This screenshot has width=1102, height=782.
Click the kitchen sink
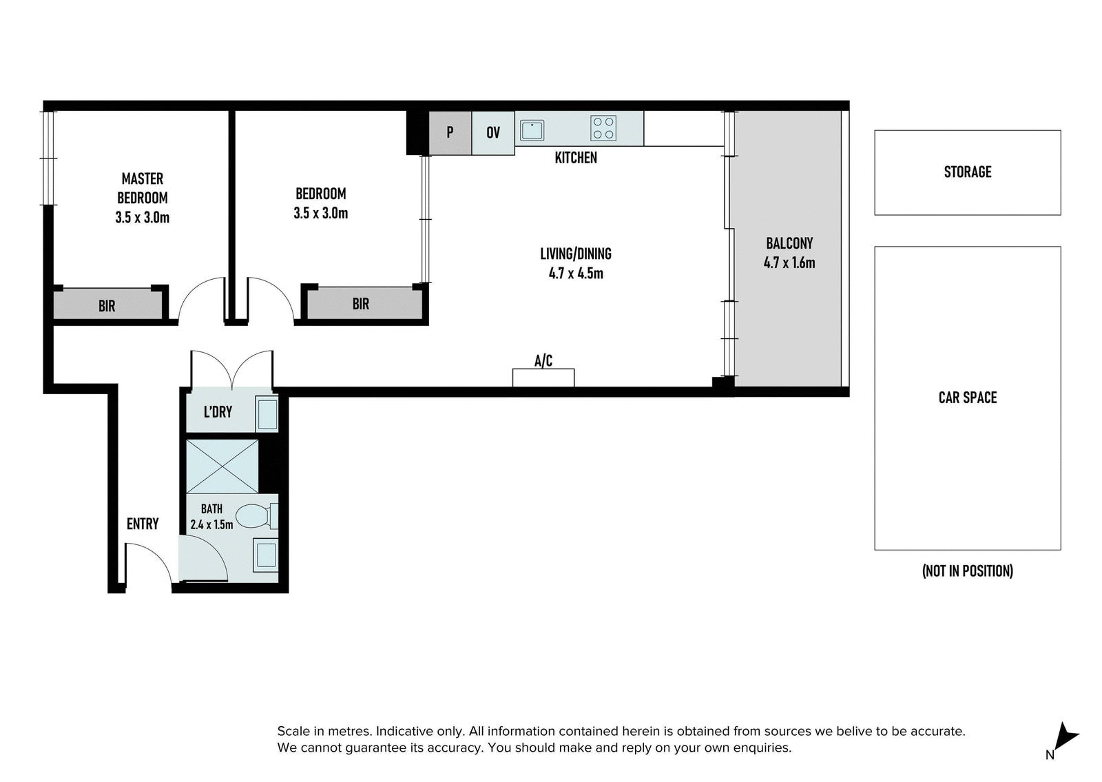click(x=532, y=130)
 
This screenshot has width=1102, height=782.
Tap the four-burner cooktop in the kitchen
click(x=603, y=128)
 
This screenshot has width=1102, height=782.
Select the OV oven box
click(x=493, y=133)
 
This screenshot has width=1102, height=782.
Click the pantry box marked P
click(x=450, y=133)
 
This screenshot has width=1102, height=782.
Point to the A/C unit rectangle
click(x=543, y=378)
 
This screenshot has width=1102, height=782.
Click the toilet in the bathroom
click(x=257, y=516)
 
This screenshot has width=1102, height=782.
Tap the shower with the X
click(x=222, y=466)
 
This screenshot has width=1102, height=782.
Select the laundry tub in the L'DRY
click(x=267, y=414)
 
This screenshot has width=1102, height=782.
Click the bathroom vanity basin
click(x=266, y=555)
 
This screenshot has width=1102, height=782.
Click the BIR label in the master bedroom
click(x=107, y=306)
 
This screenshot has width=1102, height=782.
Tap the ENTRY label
click(x=143, y=524)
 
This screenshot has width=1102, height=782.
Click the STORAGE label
click(x=968, y=172)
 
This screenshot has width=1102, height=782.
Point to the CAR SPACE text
click(x=968, y=398)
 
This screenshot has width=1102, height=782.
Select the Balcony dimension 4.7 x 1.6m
click(x=789, y=263)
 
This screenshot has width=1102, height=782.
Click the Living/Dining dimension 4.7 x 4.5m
click(x=576, y=273)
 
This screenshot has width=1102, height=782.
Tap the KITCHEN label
click(x=576, y=158)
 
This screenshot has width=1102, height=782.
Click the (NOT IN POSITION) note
click(x=968, y=571)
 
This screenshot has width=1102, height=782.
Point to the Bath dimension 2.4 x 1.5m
click(x=211, y=524)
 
